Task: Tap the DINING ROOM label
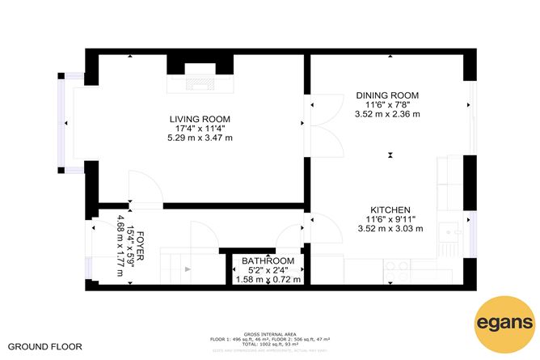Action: tap(386, 95)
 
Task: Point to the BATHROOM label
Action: tap(266, 260)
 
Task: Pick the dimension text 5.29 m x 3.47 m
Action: tap(194, 138)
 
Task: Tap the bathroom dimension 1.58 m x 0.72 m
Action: tap(267, 280)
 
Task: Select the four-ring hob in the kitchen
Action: tap(397, 266)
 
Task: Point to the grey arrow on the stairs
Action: tap(188, 268)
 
